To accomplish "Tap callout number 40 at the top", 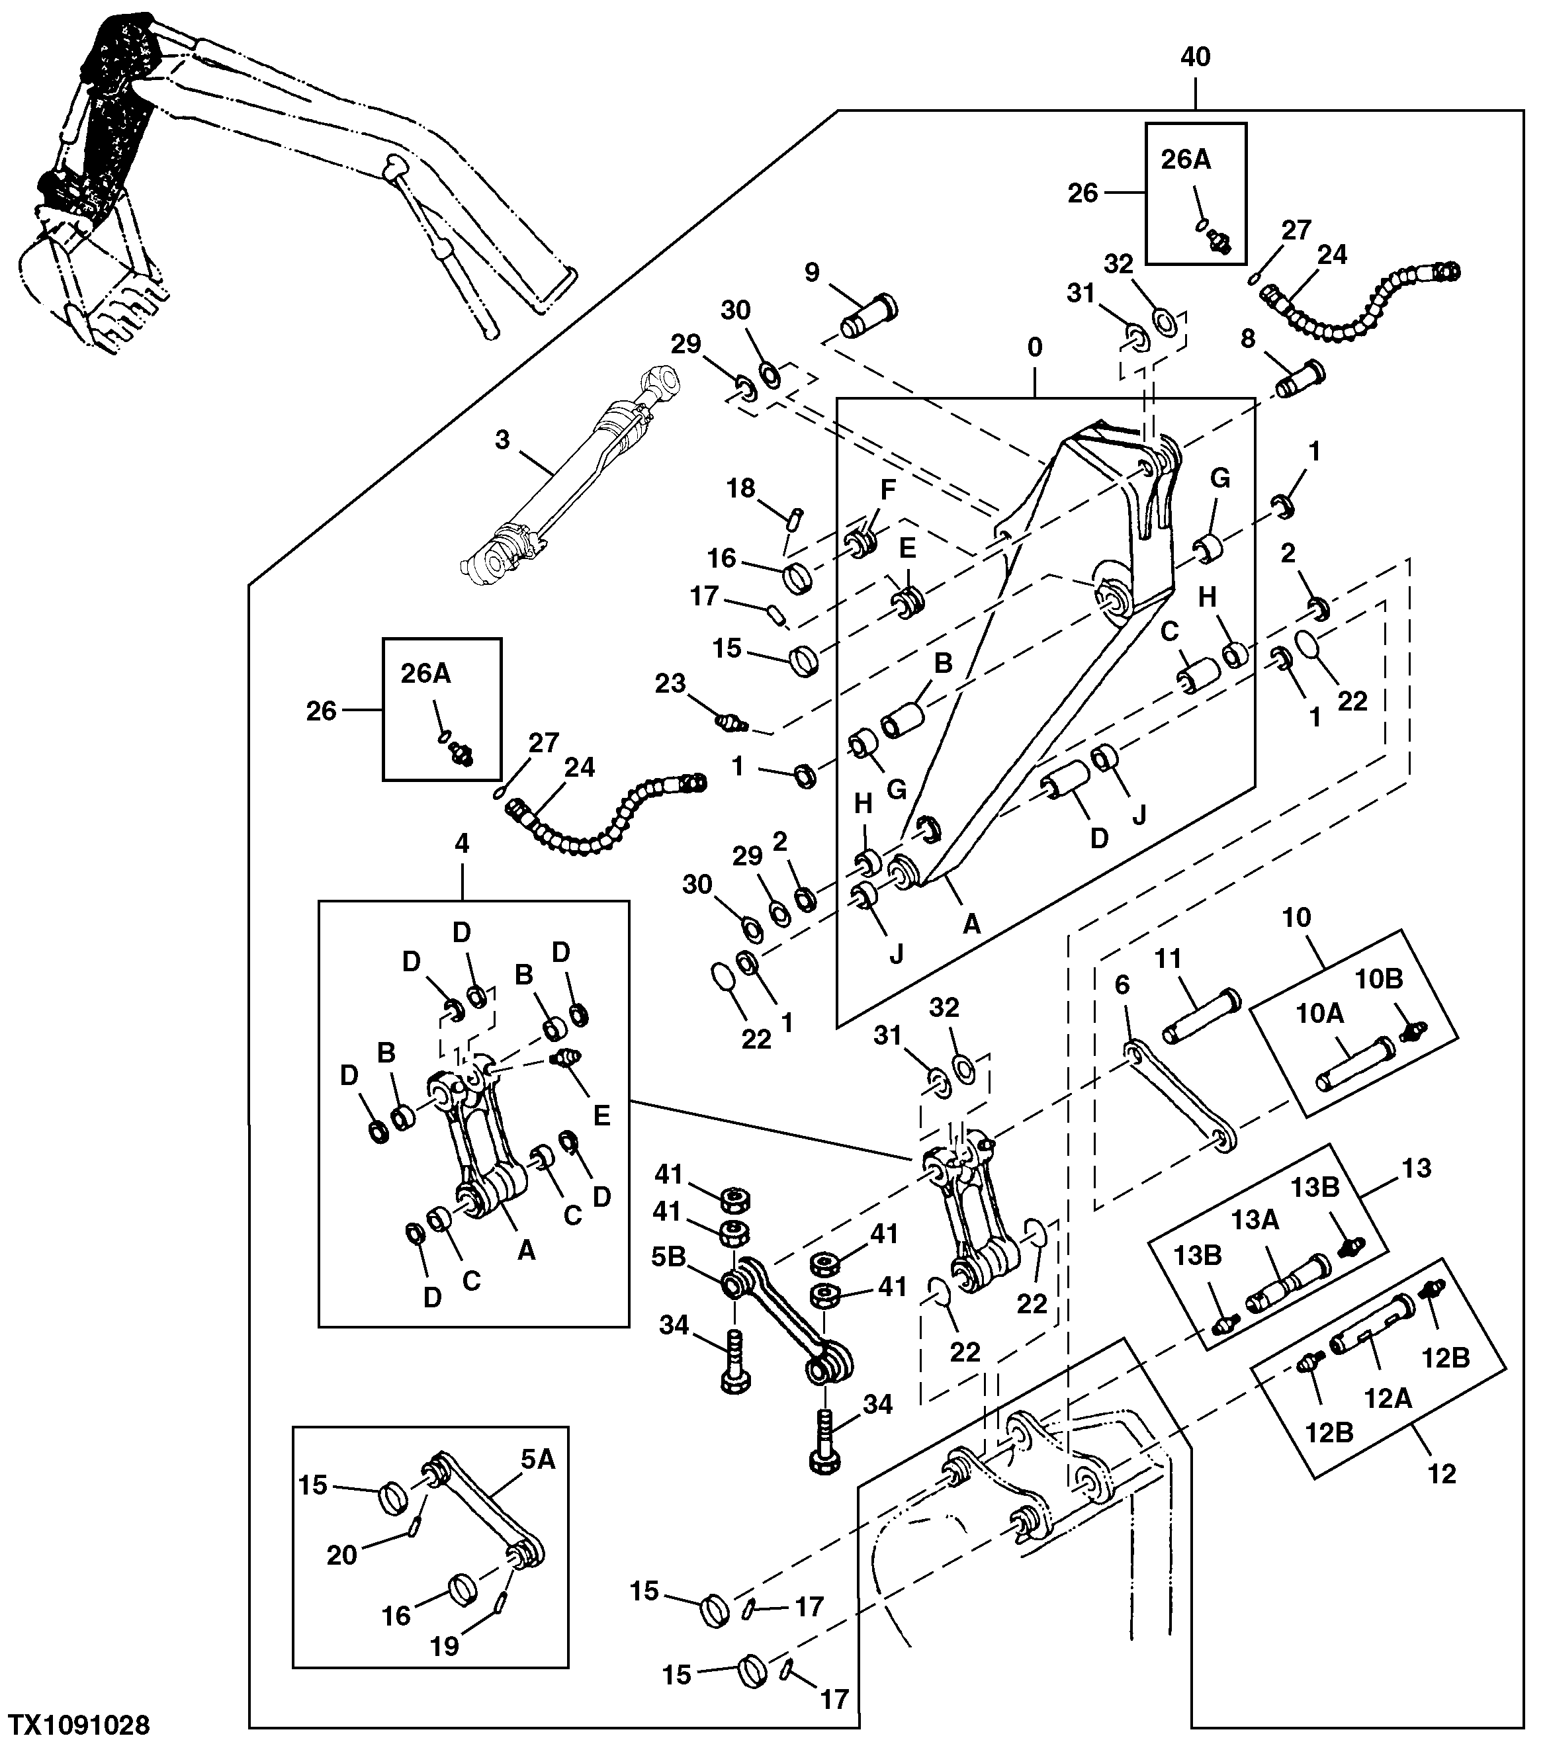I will click(x=1195, y=57).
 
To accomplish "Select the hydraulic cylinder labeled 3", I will click(x=568, y=473).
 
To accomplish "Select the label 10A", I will click(x=1319, y=1014).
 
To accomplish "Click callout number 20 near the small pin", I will click(x=342, y=1555).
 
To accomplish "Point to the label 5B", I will click(x=669, y=1257).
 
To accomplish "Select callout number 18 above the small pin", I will click(x=740, y=488).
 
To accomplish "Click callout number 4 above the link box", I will click(x=461, y=844).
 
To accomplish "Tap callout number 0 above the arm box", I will click(x=1035, y=347).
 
